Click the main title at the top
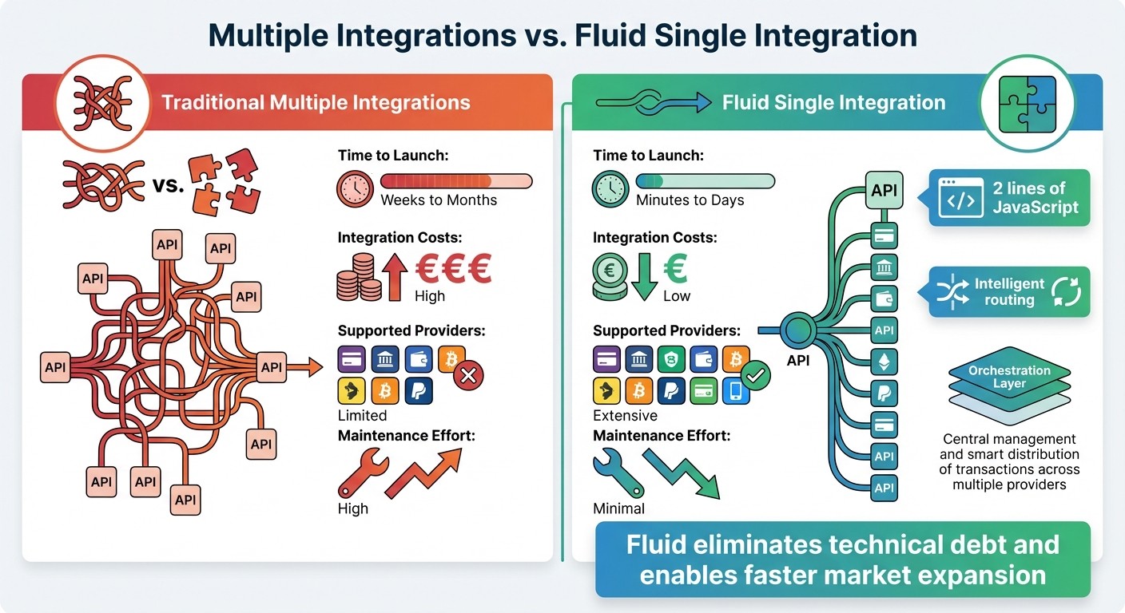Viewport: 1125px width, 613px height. (562, 36)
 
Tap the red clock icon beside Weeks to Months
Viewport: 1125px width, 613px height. (355, 189)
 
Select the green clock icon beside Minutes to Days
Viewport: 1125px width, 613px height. (610, 189)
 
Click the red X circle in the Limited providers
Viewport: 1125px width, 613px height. (469, 375)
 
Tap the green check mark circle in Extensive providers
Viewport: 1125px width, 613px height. (755, 374)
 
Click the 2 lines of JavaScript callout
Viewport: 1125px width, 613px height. (1009, 198)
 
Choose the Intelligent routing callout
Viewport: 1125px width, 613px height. (1009, 292)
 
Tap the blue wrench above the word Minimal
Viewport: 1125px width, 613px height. (618, 473)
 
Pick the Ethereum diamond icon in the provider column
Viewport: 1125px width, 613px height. (884, 362)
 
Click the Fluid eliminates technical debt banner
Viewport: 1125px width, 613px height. (843, 560)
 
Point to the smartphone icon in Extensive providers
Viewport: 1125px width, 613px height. (736, 391)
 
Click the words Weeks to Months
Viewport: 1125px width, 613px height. (439, 200)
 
